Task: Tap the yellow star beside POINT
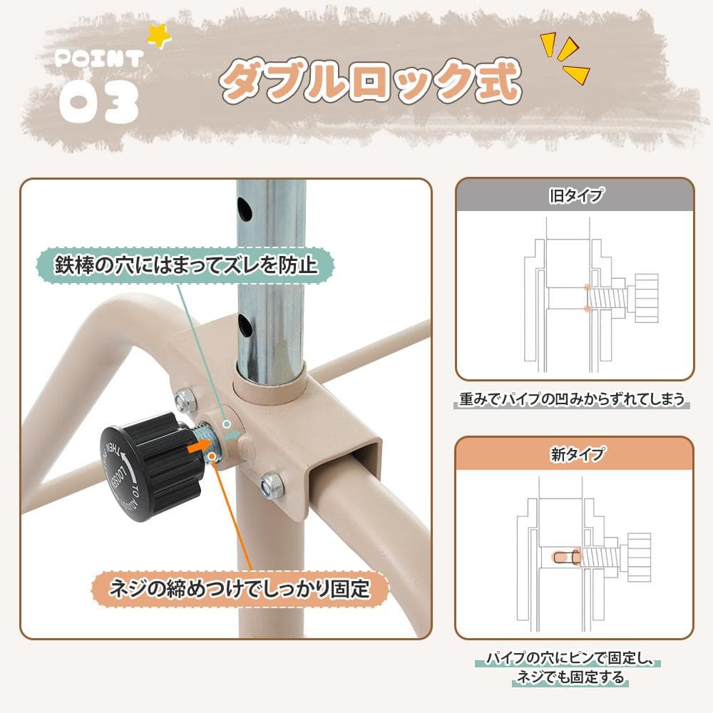coord(158,35)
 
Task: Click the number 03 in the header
coord(98,102)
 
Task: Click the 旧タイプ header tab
coord(574,194)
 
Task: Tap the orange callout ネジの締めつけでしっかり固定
coord(241,590)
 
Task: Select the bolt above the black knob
coord(184,401)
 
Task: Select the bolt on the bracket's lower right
coord(272,486)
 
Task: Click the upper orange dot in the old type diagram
coord(586,287)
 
